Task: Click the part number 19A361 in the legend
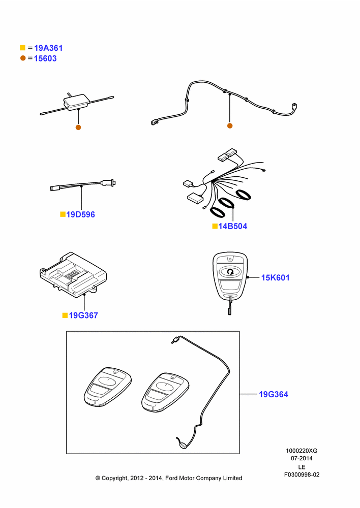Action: click(48, 48)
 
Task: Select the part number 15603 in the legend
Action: click(45, 58)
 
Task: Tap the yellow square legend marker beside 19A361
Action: click(23, 48)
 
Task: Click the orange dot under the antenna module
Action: click(78, 128)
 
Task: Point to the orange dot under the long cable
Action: click(230, 125)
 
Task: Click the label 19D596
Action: click(80, 214)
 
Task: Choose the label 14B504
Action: click(232, 226)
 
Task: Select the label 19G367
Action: click(83, 315)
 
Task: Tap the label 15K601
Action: click(276, 278)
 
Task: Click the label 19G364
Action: click(274, 394)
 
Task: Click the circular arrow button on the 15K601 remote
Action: click(230, 272)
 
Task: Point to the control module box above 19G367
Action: click(73, 275)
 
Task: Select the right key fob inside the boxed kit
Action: click(165, 392)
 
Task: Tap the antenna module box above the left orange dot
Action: click(77, 102)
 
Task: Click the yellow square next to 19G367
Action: click(65, 315)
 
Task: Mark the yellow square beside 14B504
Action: click(215, 226)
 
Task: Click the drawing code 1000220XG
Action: click(302, 451)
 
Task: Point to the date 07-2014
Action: click(302, 458)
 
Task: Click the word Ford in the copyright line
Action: click(172, 478)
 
